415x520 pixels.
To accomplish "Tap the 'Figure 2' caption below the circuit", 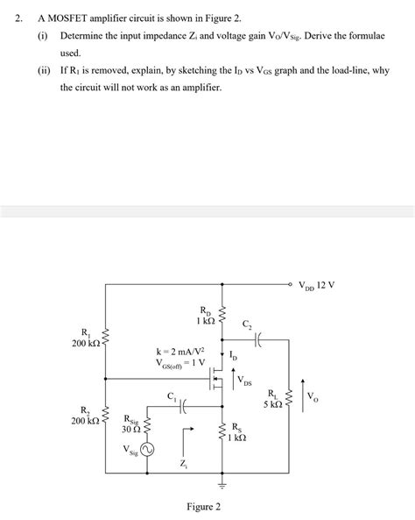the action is (x=204, y=507).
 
